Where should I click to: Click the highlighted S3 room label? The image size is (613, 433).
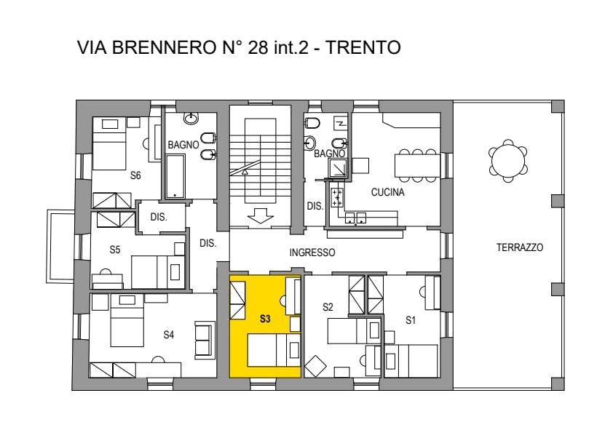[x=265, y=319]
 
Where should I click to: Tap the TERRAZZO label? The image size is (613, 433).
[x=520, y=247]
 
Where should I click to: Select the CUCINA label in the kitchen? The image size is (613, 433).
[x=387, y=192]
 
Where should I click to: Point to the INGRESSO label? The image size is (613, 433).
[x=312, y=253]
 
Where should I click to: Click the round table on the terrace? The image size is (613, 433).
[x=508, y=161]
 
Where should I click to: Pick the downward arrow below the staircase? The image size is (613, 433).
[x=260, y=215]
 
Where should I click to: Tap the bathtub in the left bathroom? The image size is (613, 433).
[x=175, y=176]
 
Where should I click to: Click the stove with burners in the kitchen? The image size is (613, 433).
[x=337, y=198]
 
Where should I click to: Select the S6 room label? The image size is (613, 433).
[x=135, y=175]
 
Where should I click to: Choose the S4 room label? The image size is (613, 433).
[x=168, y=335]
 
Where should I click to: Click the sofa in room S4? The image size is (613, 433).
[x=205, y=339]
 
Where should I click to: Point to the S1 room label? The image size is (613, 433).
[x=410, y=320]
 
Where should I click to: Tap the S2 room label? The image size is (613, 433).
[x=328, y=307]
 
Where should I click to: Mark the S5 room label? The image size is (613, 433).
[x=114, y=250]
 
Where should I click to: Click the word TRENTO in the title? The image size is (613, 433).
[x=363, y=47]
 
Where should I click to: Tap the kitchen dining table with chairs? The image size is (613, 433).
[x=418, y=166]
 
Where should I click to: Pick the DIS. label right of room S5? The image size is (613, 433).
[x=208, y=243]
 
